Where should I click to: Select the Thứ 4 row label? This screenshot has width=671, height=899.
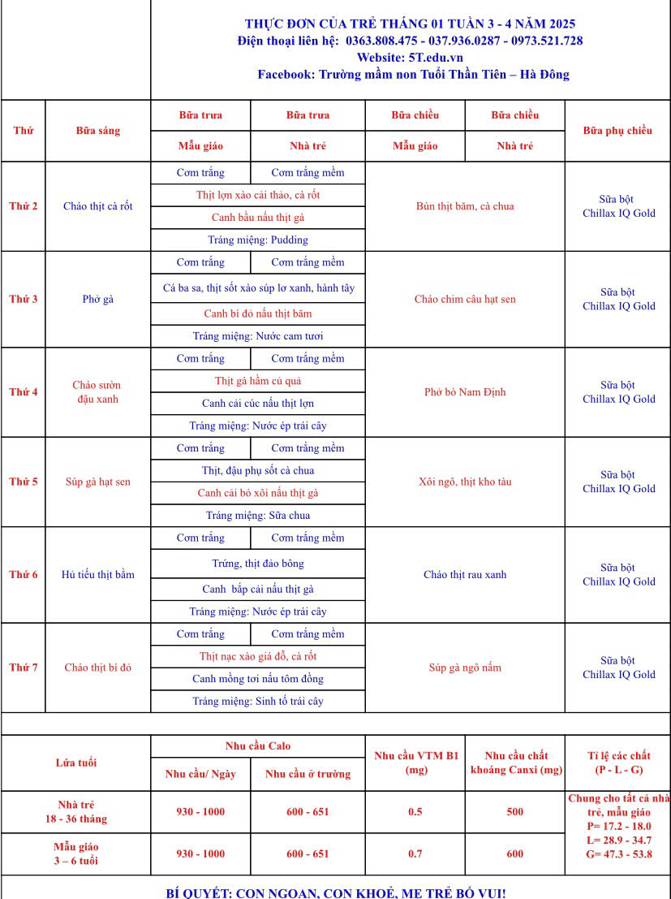tap(23, 392)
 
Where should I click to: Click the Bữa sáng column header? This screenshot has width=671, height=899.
tap(97, 130)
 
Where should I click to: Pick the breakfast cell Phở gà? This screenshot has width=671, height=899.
tap(97, 299)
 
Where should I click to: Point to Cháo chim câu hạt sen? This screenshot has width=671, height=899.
tap(465, 299)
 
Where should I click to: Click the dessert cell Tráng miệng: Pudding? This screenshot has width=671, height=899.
tap(258, 240)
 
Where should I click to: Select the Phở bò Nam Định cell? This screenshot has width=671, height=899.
tap(465, 392)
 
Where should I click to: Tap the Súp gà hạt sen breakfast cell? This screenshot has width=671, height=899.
tap(97, 482)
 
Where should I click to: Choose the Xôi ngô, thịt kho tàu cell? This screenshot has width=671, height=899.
tap(465, 482)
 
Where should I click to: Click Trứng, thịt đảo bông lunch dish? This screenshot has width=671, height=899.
tap(258, 564)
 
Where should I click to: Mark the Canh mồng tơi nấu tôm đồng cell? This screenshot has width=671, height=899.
tap(258, 678)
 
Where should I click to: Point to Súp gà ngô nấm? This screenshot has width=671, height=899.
tap(465, 668)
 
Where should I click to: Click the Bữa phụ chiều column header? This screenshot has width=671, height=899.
tap(617, 130)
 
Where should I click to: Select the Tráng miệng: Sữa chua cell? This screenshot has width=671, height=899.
tap(258, 515)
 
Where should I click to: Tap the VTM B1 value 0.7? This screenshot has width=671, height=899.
tap(415, 854)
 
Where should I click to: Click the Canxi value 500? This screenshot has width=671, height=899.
tap(514, 811)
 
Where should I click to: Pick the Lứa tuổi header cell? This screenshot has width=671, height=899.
tap(75, 763)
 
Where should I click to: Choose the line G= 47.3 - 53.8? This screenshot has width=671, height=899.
tap(617, 854)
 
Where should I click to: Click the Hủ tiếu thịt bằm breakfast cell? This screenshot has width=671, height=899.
tap(97, 574)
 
